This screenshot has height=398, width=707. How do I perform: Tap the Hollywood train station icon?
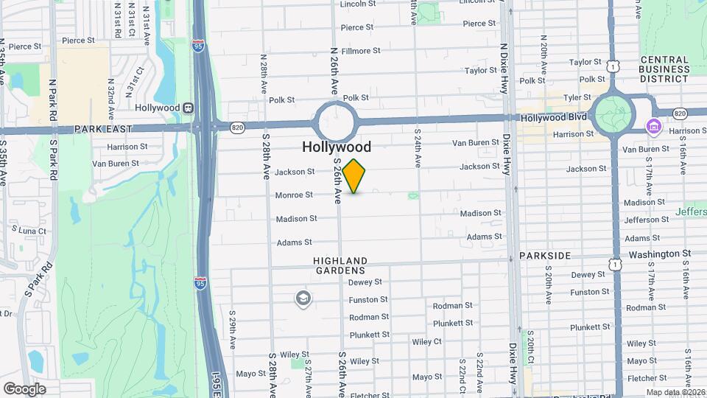point(189,108)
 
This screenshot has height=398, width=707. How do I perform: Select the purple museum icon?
point(653,127)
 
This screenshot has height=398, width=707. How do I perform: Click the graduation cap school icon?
point(302,298)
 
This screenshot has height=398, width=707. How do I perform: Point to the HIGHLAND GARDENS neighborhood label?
point(340,266)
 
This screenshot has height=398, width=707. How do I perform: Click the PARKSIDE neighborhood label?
point(545,255)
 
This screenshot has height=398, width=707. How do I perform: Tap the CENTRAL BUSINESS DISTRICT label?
point(664,69)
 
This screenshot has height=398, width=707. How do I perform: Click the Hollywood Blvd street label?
point(553,117)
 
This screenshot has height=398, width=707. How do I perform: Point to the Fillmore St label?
point(360,52)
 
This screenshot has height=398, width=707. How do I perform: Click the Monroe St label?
point(294,195)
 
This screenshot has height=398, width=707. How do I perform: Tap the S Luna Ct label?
point(27,231)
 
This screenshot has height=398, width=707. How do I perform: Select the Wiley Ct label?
point(426,342)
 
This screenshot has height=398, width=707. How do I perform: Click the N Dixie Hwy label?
point(504,67)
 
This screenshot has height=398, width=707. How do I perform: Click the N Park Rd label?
point(53,101)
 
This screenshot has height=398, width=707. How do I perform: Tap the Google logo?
point(24,388)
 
